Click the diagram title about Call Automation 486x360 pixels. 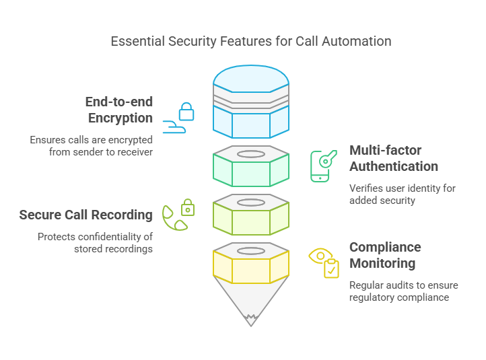pyautogui.click(x=250, y=42)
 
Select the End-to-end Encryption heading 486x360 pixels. pyautogui.click(x=118, y=110)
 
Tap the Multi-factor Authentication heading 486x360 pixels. pyautogui.click(x=393, y=158)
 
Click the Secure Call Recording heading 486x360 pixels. pyautogui.click(x=85, y=215)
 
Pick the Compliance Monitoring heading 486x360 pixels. pyautogui.click(x=385, y=255)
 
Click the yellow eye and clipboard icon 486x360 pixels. pyautogui.click(x=324, y=262)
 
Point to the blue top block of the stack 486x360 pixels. pyautogui.click(x=251, y=101)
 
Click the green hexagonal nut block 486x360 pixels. pyautogui.click(x=251, y=168)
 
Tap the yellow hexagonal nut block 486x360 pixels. pyautogui.click(x=251, y=265)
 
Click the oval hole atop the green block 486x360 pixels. pyautogui.click(x=251, y=154)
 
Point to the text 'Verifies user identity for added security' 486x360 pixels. pyautogui.click(x=402, y=194)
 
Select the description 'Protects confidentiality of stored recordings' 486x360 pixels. pyautogui.click(x=95, y=243)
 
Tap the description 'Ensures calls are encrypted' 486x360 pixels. pyautogui.click(x=91, y=146)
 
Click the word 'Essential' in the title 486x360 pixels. pyautogui.click(x=137, y=42)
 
